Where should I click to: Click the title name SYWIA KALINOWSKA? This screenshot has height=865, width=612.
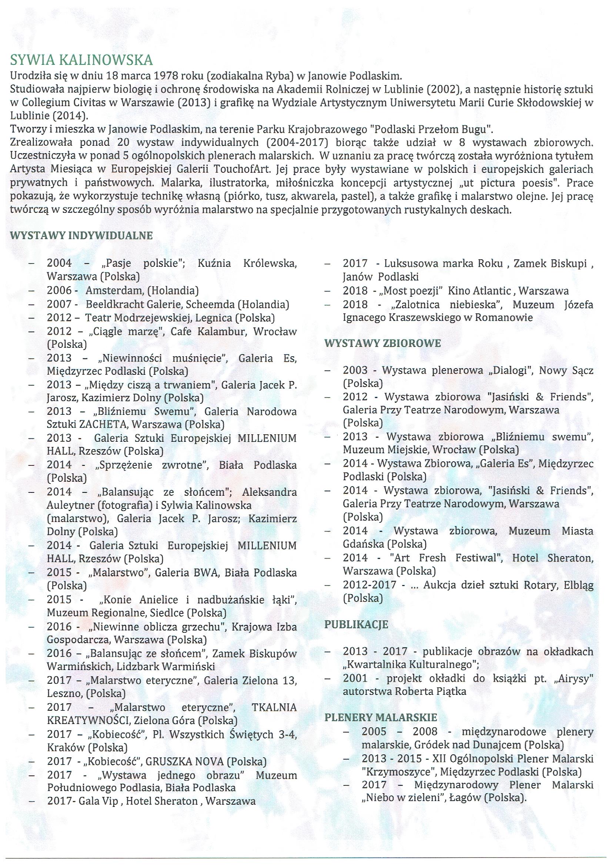(81, 60)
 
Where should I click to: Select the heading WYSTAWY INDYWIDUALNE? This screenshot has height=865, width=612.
(81, 235)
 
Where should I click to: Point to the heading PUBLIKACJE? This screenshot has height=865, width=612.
(356, 625)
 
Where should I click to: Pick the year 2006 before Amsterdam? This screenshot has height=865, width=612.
(59, 290)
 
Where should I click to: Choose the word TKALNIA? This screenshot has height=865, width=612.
(274, 707)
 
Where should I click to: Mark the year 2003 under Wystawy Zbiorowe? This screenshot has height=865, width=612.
(355, 370)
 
